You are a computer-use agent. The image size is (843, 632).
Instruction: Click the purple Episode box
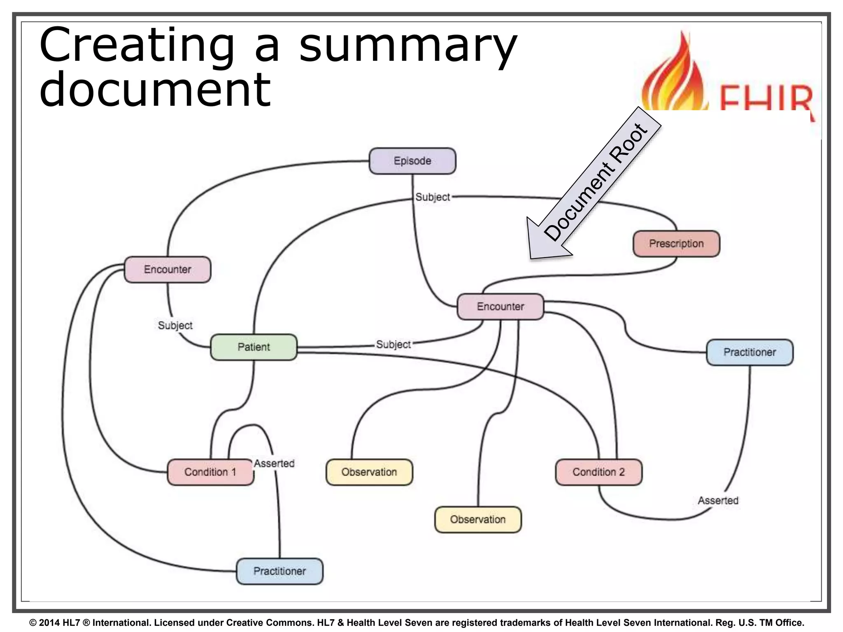tap(412, 161)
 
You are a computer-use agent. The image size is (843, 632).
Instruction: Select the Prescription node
tap(676, 244)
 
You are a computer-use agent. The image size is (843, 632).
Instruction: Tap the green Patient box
tap(254, 347)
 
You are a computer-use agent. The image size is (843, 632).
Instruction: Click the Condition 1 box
tap(210, 472)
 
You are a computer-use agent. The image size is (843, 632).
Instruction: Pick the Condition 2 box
tap(598, 472)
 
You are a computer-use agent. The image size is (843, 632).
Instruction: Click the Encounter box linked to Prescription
tap(500, 307)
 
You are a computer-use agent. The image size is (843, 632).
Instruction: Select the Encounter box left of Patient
tap(168, 270)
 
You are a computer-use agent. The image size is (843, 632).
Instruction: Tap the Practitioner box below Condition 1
tap(279, 571)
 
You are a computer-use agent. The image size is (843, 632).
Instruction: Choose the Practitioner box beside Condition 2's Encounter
tap(750, 352)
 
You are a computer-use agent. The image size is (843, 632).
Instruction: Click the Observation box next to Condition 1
tap(369, 472)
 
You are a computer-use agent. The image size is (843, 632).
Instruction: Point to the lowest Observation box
tap(478, 519)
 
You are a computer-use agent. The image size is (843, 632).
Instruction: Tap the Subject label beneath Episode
tap(433, 197)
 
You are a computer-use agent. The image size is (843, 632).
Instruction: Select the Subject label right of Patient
tap(394, 344)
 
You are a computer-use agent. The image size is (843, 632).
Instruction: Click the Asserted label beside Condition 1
tap(274, 463)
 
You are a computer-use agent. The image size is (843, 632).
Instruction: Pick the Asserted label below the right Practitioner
tap(718, 500)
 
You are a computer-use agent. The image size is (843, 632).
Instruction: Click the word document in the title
tap(155, 88)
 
